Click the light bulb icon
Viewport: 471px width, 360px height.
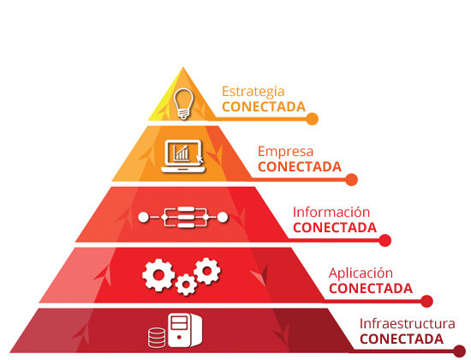183,104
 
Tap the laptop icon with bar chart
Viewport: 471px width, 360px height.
183,156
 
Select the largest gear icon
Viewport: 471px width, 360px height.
158,275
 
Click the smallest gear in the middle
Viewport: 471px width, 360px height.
186,285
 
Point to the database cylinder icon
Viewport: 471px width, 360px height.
157,338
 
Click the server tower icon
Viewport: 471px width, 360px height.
185,330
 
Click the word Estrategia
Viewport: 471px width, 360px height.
253,92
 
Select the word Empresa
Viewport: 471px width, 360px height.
285,152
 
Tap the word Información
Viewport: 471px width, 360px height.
331,212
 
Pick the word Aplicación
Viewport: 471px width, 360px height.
361,273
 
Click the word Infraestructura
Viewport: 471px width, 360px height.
408,324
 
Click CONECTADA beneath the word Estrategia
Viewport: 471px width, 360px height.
264,107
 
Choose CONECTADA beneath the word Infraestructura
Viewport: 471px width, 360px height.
402,339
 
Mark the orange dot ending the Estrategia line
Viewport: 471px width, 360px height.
312,119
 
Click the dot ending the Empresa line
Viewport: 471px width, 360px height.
351,179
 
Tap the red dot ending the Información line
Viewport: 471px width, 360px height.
385,240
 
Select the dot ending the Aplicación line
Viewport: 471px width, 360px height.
426,301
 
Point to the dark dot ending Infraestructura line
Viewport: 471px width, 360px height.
459,351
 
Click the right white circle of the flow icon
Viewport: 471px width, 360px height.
223,217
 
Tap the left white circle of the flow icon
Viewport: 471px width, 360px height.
144,217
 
